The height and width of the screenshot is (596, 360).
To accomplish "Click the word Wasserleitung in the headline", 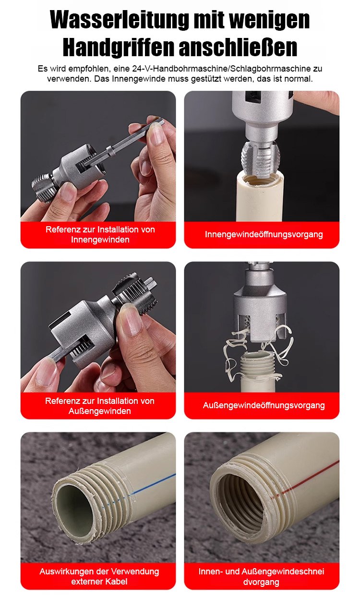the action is [119, 20].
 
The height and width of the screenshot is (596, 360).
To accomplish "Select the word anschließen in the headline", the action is [238, 48].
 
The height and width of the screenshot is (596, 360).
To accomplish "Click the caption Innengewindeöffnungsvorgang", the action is [264, 234].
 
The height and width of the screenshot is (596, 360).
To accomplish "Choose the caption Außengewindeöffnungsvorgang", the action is [264, 405].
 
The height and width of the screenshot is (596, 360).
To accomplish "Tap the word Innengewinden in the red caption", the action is [100, 240].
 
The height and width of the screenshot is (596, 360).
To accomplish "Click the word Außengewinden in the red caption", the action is [100, 411].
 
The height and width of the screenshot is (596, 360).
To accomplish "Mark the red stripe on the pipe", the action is [306, 478].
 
